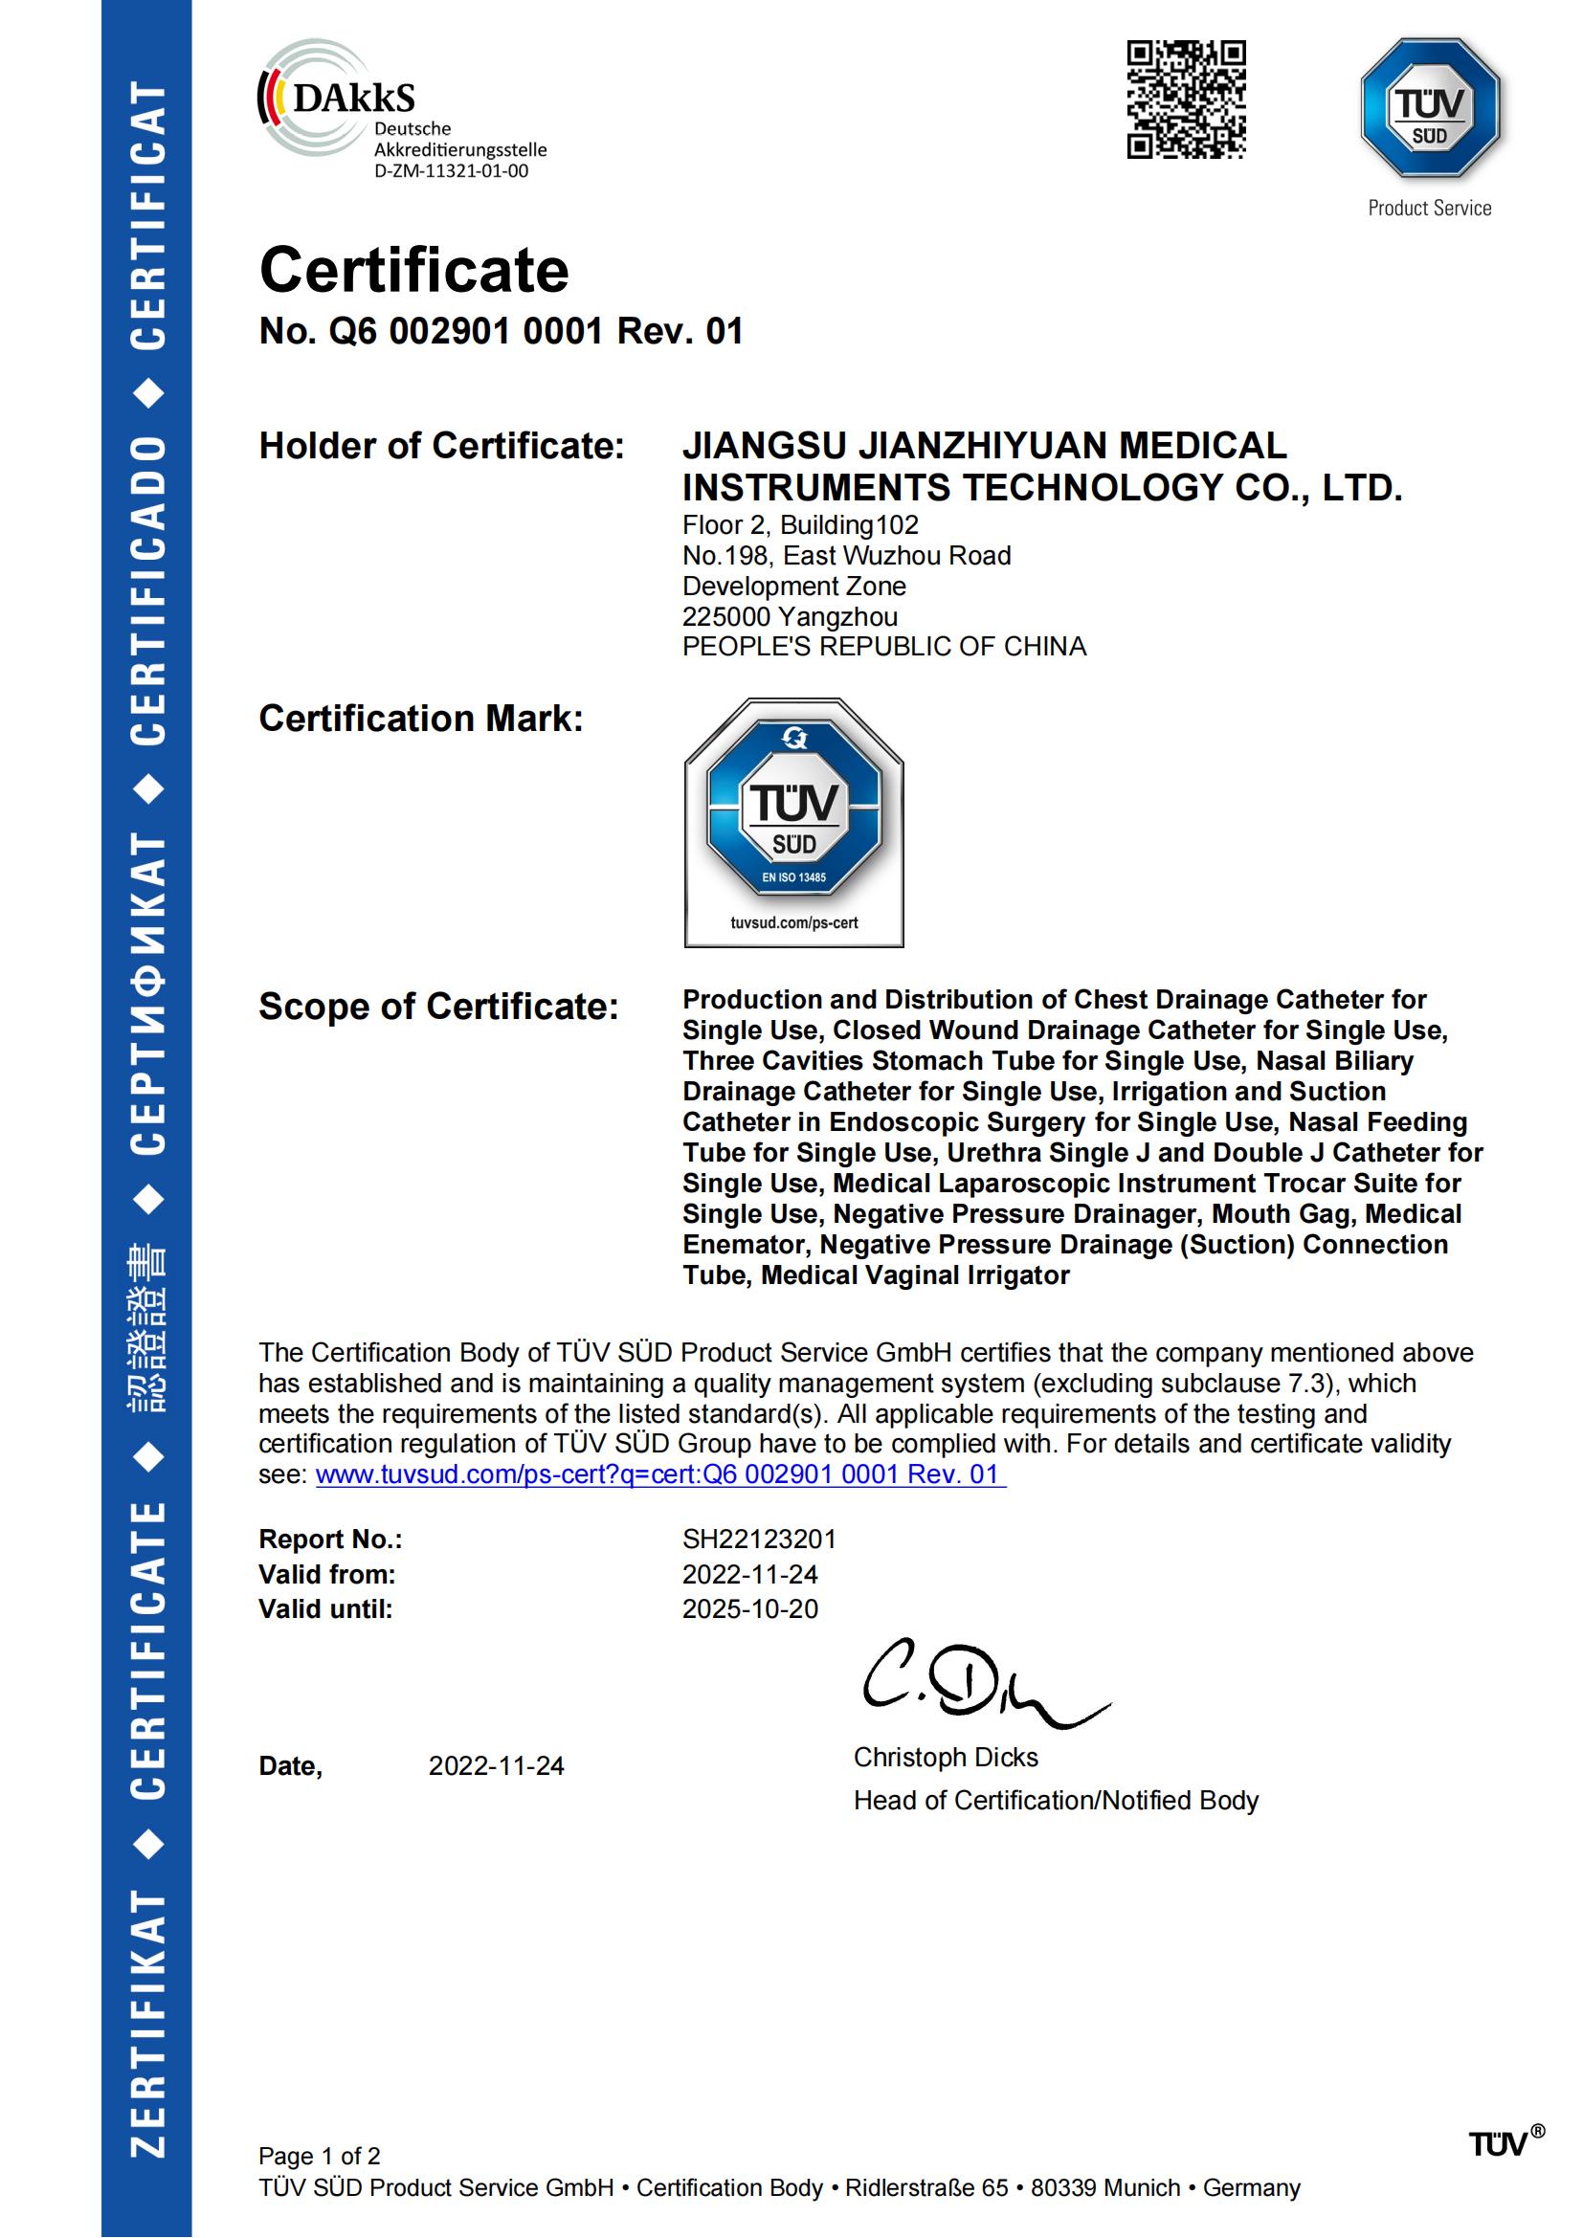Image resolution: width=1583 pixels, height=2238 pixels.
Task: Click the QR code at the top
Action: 1186,100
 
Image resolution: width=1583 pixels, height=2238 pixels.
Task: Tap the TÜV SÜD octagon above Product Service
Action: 1429,107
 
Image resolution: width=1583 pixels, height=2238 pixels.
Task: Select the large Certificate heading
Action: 413,270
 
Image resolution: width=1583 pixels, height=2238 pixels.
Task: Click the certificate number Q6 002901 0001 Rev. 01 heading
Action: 501,331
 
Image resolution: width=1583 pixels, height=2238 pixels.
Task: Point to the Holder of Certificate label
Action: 440,447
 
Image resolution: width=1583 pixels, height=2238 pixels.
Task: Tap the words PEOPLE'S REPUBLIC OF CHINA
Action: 883,647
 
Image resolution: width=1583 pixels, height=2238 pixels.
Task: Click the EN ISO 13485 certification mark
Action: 793,822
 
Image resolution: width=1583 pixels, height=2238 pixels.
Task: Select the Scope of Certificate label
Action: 438,1007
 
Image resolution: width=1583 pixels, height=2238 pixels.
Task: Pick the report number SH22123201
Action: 758,1540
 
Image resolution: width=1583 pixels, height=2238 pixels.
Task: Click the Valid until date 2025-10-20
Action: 749,1609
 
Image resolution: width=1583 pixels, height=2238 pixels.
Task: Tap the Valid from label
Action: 326,1574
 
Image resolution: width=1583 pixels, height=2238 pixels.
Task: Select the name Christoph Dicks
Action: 946,1757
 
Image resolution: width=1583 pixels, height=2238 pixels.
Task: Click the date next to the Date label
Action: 496,1766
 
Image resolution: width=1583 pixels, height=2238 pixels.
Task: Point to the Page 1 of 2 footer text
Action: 319,2156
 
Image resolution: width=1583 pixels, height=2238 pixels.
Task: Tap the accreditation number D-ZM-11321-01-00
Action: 452,171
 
